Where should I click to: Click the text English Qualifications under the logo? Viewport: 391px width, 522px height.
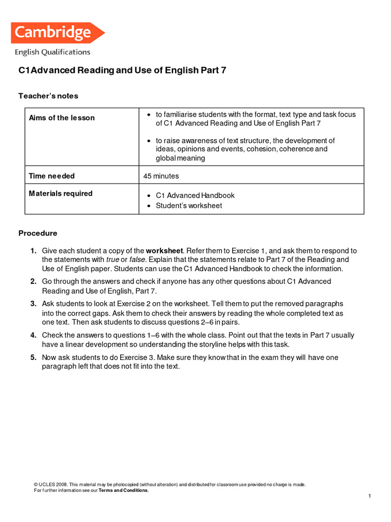point(52,52)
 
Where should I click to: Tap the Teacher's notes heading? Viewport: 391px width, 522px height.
point(48,96)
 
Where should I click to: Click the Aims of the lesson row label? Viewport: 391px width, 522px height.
point(62,118)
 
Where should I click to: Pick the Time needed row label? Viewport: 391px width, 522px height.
point(51,176)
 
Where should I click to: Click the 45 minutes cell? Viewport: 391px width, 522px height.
point(162,176)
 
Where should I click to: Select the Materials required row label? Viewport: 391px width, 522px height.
point(61,194)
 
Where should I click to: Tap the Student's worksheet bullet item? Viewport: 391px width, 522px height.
point(189,206)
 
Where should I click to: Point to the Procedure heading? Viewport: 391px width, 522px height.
point(38,233)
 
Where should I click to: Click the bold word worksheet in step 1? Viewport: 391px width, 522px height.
point(164,251)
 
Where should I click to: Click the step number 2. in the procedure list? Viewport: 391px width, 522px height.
point(33,281)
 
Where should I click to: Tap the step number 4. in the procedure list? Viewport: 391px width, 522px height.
point(33,335)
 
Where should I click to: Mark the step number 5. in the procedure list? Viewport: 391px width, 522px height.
point(33,358)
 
